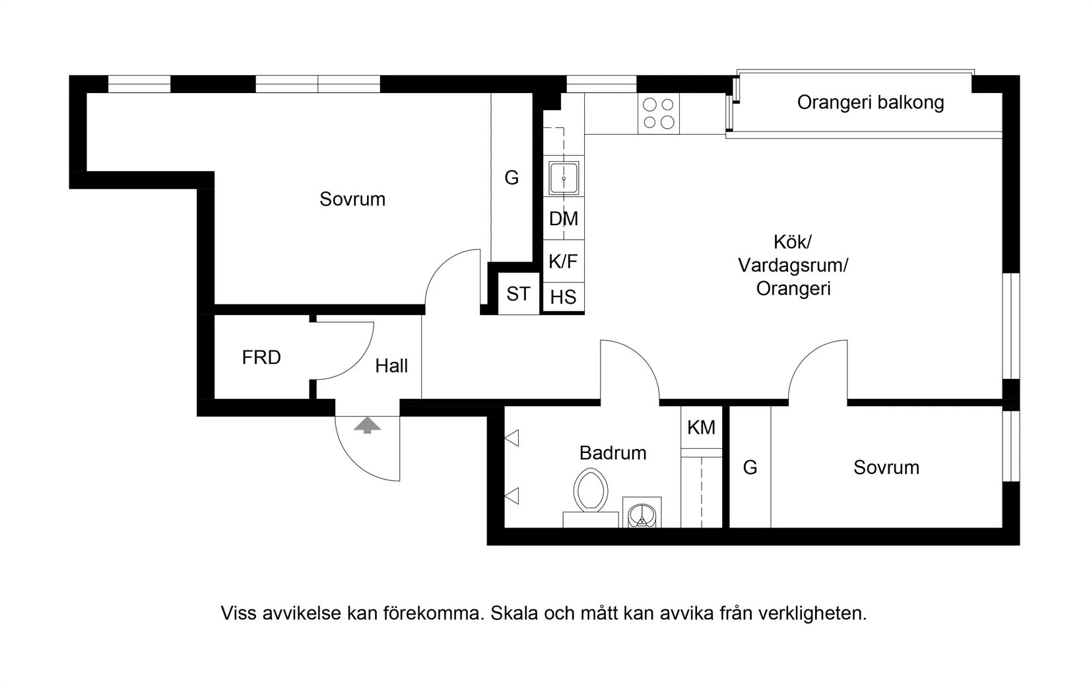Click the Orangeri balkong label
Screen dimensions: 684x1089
870,102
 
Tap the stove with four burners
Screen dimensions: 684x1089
659,113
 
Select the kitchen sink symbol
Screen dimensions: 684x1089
564,178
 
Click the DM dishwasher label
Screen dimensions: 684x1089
563,219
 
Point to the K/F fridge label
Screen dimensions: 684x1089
563,261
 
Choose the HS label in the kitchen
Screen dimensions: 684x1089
563,297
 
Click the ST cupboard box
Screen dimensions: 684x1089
518,294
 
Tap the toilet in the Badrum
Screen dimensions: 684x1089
591,491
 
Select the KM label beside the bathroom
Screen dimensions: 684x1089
701,428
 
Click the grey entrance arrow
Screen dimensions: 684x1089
367,425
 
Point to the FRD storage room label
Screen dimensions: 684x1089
261,358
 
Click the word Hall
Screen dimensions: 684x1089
391,366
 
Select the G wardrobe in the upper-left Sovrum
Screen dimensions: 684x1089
511,178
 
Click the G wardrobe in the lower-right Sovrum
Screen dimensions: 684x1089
750,467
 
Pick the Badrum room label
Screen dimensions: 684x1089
612,453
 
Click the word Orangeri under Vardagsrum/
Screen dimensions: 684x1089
793,289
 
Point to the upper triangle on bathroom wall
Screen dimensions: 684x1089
512,438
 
